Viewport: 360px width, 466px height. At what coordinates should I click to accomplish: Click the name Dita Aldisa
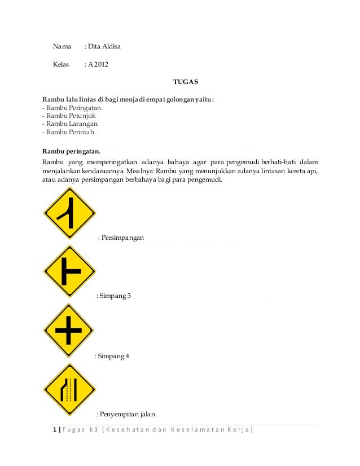104,46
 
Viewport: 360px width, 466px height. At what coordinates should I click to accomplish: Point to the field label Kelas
61,64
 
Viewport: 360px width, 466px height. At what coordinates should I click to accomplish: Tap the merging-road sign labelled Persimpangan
69,213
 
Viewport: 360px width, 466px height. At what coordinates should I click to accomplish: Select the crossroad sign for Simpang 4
69,330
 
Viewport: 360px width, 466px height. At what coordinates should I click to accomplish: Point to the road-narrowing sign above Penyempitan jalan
69,389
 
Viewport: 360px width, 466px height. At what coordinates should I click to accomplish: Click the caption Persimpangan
122,238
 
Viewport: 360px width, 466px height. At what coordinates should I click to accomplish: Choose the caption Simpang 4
113,357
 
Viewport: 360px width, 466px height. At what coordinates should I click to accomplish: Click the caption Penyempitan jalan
128,415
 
